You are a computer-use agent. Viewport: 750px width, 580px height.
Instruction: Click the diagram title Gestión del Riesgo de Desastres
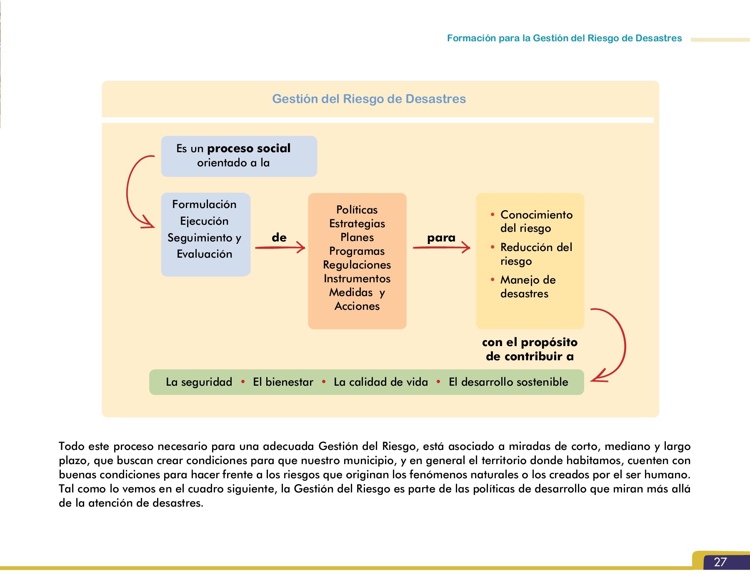(x=369, y=99)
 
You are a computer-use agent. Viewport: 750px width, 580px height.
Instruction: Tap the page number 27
(x=720, y=562)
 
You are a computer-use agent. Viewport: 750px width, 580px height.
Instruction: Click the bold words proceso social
(x=249, y=148)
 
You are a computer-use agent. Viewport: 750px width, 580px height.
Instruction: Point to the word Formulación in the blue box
(x=204, y=204)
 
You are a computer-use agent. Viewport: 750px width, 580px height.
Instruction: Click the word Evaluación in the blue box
(x=204, y=254)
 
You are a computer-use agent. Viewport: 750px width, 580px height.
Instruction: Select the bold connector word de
(x=279, y=238)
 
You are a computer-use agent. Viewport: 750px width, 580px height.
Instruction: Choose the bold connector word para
(x=441, y=238)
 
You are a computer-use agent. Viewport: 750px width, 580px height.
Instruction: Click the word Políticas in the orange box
(x=357, y=210)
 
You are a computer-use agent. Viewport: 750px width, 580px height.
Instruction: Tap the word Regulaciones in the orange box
(x=357, y=265)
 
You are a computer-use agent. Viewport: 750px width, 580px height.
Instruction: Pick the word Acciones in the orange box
(x=357, y=306)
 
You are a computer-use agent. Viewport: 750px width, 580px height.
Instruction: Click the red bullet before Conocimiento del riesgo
(x=492, y=215)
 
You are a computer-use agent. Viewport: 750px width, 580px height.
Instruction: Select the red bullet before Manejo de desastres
(x=492, y=280)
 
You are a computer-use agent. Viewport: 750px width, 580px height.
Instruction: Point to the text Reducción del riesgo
(x=536, y=254)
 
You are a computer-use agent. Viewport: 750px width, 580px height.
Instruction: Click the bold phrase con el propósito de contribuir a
(x=530, y=349)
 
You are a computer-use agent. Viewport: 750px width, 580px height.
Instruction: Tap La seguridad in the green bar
(x=199, y=382)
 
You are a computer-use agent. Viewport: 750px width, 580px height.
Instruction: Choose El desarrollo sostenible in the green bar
(x=508, y=382)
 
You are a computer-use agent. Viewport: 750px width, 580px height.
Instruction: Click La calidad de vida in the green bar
(x=381, y=382)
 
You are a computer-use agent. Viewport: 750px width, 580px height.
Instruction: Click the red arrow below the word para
(x=442, y=248)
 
